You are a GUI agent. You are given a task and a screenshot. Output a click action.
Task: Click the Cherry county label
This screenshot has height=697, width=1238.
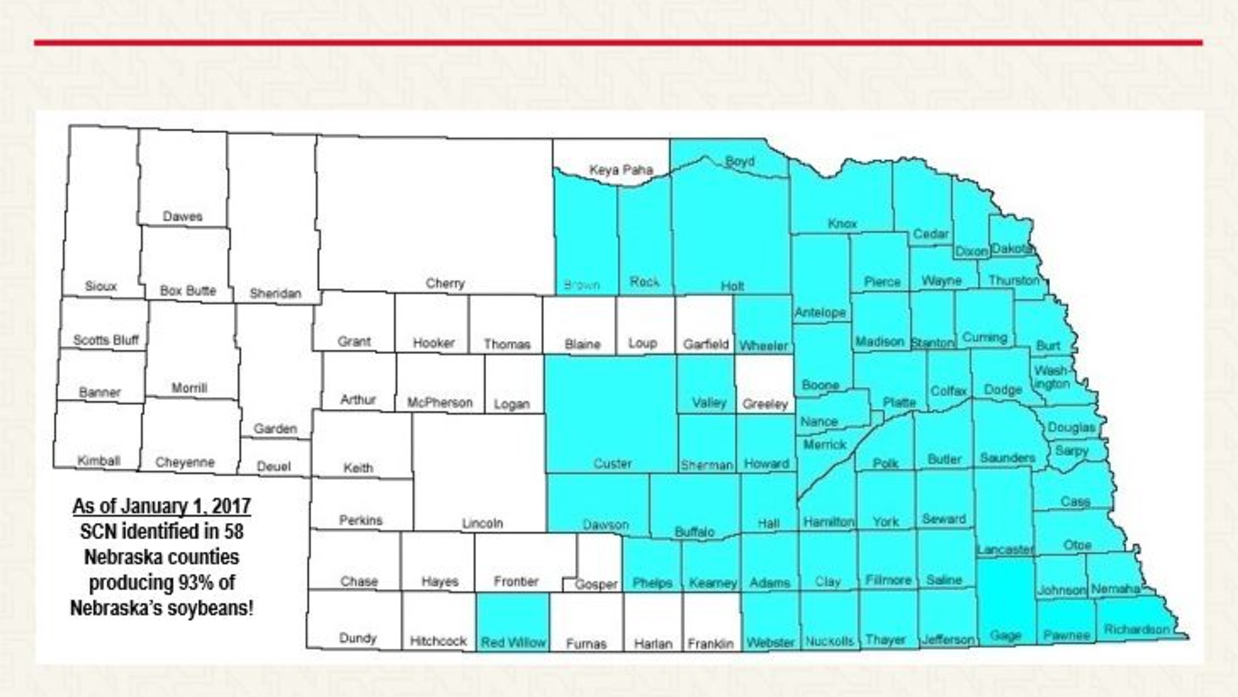pos(445,283)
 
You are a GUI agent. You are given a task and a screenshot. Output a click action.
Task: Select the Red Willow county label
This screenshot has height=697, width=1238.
pos(513,642)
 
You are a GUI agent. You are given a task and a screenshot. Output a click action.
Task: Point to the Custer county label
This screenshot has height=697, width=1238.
pos(612,464)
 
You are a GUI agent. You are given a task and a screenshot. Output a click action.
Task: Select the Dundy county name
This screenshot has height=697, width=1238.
pos(358,638)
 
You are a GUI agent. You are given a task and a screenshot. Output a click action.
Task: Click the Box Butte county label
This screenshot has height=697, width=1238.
pos(188,291)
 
